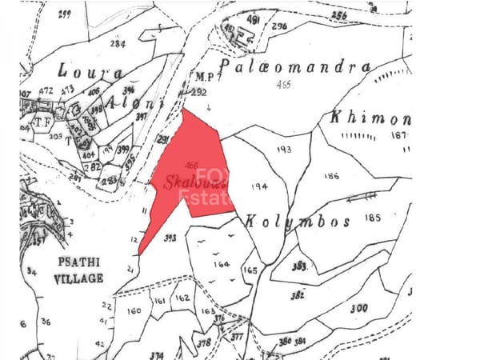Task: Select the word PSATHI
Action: click(78, 262)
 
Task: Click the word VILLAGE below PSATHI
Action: click(78, 278)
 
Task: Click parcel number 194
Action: click(258, 186)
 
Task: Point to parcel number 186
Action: click(331, 176)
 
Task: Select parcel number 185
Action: click(374, 217)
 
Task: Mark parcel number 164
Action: click(221, 263)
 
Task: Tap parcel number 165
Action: click(250, 270)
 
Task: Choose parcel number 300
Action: click(358, 308)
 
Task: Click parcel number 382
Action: click(298, 295)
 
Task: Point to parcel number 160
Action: click(134, 310)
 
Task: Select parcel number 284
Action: click(118, 44)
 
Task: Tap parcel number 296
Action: click(279, 26)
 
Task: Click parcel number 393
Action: click(170, 238)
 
